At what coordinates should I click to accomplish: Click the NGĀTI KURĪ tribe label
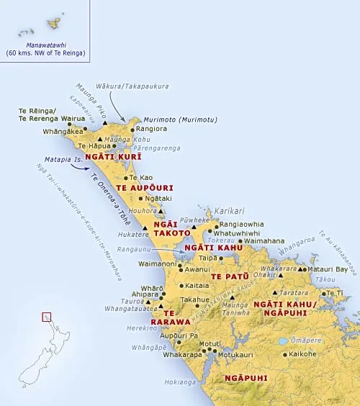tap(112, 155)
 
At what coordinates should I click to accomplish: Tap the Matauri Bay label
tap(331, 269)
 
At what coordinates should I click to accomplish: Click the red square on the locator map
tap(47, 316)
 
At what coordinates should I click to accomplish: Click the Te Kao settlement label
tap(141, 177)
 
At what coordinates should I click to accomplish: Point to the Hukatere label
tap(132, 234)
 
